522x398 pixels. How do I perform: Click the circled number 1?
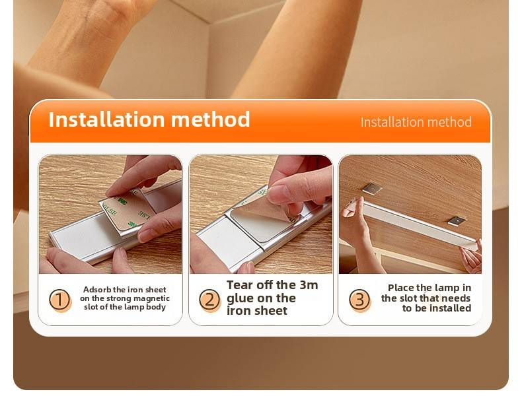coord(59,300)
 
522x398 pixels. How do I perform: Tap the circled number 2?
coord(209,300)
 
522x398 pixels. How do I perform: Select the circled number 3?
coord(359,299)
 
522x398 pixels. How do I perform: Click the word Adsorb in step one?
coord(97,290)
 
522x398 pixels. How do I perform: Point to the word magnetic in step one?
coord(151,298)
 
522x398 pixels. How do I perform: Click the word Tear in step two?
coord(238,285)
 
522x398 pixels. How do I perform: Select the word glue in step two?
coord(239,298)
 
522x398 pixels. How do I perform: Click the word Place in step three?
coord(400,288)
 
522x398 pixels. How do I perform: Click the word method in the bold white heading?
coord(210,119)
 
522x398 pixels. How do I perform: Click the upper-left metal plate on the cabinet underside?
coord(372,188)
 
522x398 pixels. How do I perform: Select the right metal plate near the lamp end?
coord(457,220)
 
